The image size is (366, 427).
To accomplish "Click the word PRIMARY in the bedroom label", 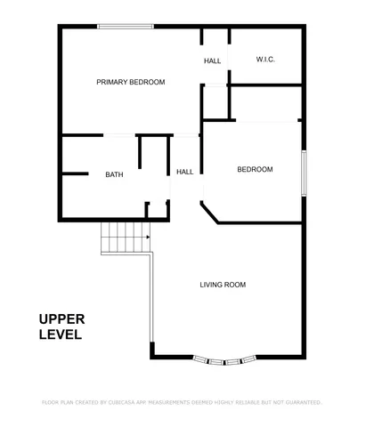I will click(x=114, y=82).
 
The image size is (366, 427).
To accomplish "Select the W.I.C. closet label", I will click(x=265, y=60).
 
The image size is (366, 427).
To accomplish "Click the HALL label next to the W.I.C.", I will click(x=212, y=61).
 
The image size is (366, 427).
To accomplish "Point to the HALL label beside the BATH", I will click(x=185, y=172).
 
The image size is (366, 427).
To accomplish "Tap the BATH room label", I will click(x=114, y=174).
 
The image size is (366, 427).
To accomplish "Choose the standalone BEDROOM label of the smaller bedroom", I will click(x=255, y=169).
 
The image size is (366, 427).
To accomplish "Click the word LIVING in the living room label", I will click(x=211, y=285).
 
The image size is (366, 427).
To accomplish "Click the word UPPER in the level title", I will click(x=61, y=319).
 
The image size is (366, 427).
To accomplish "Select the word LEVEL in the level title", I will click(x=61, y=335).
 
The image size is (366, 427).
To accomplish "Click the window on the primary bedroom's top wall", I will click(x=124, y=27).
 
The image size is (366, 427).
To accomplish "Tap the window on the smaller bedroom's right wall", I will click(x=305, y=173).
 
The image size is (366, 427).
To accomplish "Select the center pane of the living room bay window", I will click(x=225, y=362).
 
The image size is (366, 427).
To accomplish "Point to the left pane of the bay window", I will click(x=202, y=359).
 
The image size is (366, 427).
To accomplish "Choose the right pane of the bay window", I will click(x=248, y=359).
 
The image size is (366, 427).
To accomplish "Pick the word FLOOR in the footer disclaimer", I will click(x=51, y=402).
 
